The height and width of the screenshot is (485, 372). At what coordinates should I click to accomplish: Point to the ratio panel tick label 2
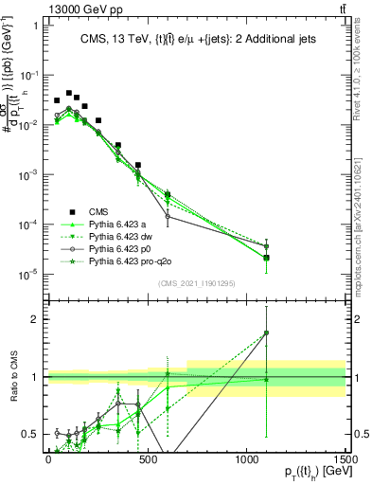pyautogui.click(x=36, y=319)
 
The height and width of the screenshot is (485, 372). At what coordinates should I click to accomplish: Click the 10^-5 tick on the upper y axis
pyautogui.click(x=30, y=274)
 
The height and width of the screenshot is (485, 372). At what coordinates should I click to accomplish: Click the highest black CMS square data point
pyautogui.click(x=69, y=93)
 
